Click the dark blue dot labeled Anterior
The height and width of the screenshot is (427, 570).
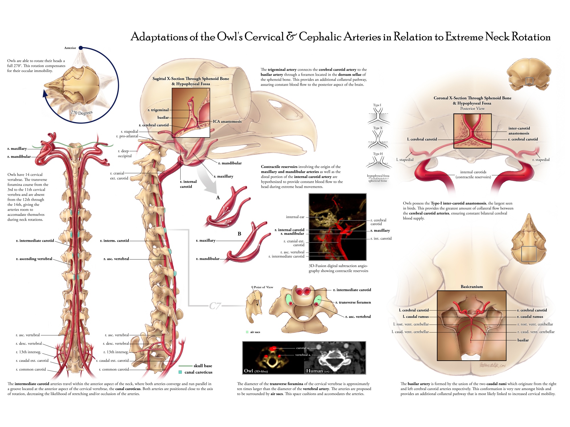click(81, 48)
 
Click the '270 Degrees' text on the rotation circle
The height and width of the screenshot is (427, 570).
click(82, 113)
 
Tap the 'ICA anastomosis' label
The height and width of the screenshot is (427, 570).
click(227, 122)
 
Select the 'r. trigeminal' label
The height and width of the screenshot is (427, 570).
click(158, 110)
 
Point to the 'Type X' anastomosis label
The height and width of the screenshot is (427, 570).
click(378, 128)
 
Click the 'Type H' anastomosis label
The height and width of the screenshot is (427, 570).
click(378, 154)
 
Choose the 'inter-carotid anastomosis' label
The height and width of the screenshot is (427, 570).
click(519, 131)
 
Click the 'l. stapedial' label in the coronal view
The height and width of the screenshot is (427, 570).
click(405, 160)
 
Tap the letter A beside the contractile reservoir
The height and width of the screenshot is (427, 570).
click(218, 198)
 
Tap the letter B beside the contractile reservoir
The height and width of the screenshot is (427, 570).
click(239, 234)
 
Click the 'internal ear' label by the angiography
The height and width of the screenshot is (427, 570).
click(295, 217)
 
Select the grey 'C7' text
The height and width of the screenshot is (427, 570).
click(215, 306)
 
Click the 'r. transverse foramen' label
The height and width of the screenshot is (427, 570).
click(353, 302)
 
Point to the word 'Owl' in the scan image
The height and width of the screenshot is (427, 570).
click(249, 371)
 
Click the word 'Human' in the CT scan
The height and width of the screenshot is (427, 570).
click(314, 371)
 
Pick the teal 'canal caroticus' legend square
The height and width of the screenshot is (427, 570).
click(180, 372)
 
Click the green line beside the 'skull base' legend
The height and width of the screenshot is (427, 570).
click(185, 366)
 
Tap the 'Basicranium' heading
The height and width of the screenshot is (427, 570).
click(472, 287)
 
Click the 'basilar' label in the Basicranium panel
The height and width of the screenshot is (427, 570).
click(523, 340)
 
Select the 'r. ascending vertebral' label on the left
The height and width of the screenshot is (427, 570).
click(34, 259)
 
